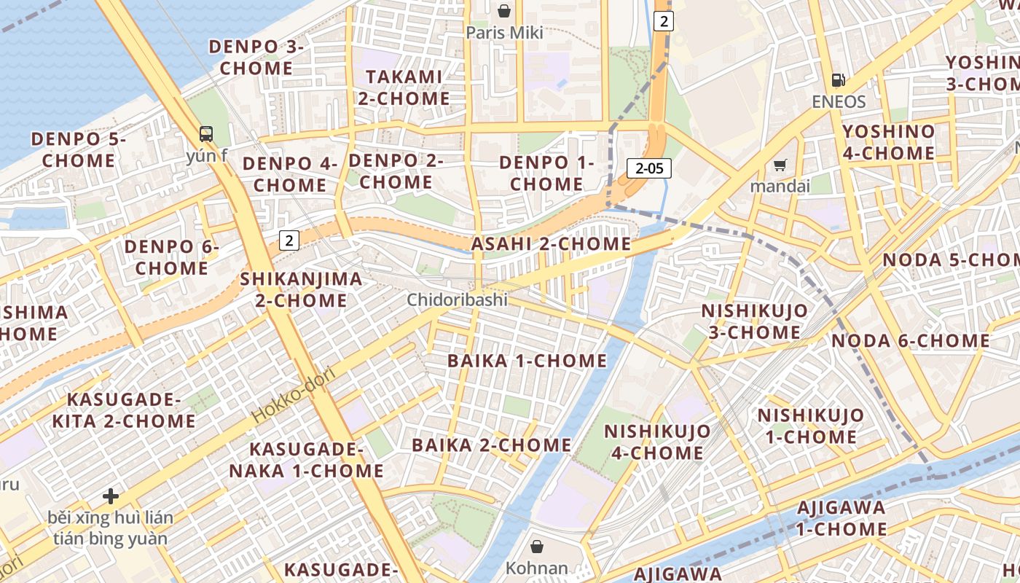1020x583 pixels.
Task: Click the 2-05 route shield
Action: pos(648,169)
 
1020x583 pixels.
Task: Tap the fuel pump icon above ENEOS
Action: pos(839,80)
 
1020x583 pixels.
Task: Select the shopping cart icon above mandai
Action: pos(780,165)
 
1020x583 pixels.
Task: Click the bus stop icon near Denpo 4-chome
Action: pos(206,133)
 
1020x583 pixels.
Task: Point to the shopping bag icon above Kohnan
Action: pos(537,546)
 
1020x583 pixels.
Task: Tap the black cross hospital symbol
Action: pos(111,496)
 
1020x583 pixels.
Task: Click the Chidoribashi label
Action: pos(457,300)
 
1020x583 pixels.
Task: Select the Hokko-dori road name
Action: pos(294,395)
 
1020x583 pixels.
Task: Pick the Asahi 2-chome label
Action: pos(551,243)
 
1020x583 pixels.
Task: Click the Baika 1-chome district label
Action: pos(527,361)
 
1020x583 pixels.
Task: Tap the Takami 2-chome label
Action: pos(404,87)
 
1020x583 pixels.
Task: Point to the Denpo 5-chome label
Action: pos(78,149)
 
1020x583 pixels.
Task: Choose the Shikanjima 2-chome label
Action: pos(301,289)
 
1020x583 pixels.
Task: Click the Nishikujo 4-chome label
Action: pos(657,442)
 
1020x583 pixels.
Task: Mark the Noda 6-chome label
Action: pos(910,340)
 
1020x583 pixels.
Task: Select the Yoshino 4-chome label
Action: pos(888,142)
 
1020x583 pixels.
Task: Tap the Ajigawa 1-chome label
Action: pos(841,517)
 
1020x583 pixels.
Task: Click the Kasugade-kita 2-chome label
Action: pos(124,410)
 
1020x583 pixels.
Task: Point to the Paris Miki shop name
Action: pos(504,33)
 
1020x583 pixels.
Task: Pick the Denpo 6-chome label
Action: pos(171,257)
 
